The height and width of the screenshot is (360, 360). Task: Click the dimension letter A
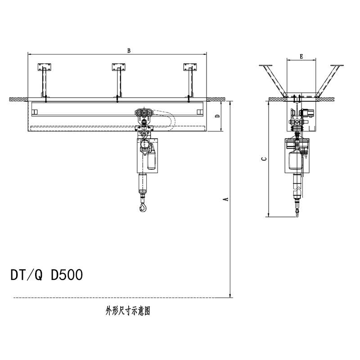[x=226, y=199]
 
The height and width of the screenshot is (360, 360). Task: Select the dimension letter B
[x=129, y=51]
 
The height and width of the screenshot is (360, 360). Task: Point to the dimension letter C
[x=264, y=159]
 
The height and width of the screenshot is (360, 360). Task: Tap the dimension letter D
[x=218, y=116]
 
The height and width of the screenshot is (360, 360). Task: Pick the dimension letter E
[x=301, y=56]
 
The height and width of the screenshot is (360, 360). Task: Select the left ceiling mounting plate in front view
[x=45, y=67]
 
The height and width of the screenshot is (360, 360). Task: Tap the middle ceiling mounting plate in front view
[x=119, y=67]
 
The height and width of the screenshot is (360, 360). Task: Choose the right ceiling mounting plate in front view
[x=190, y=67]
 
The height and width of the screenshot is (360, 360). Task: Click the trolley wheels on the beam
[x=144, y=113]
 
